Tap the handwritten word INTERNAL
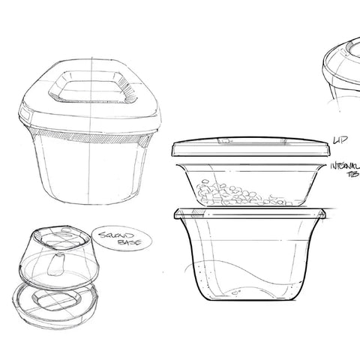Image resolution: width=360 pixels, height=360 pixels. point(345,164)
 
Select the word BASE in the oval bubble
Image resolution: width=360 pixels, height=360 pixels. point(118,246)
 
